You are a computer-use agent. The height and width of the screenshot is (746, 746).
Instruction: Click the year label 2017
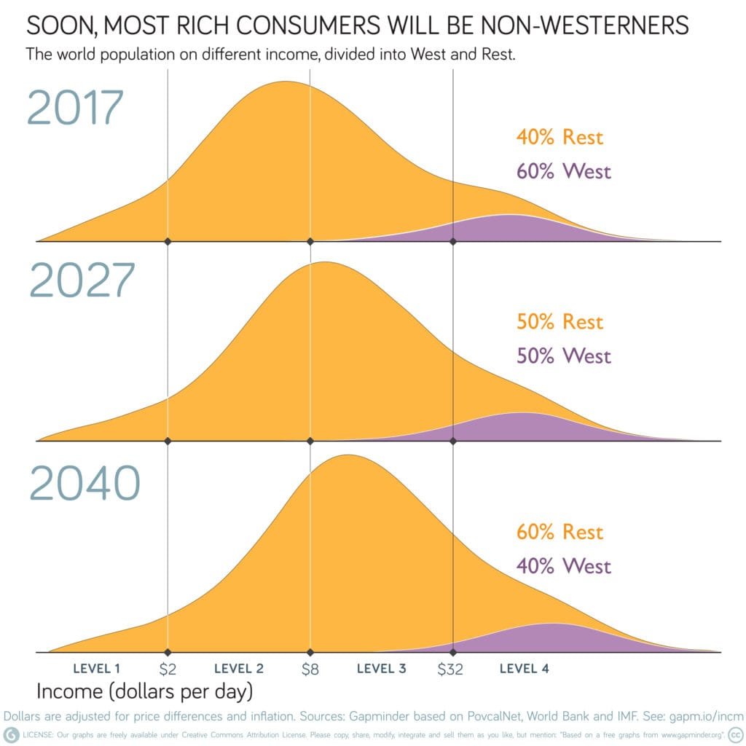pyautogui.click(x=76, y=107)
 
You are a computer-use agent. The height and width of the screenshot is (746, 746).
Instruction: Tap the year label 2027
pyautogui.click(x=82, y=281)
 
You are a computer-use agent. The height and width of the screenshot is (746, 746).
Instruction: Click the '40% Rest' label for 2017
pyautogui.click(x=559, y=136)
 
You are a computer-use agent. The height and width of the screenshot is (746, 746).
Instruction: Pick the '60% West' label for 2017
pyautogui.click(x=564, y=171)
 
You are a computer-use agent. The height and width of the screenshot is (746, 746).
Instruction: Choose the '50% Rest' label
pyautogui.click(x=559, y=321)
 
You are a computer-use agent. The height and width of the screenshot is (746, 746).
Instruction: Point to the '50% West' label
pyautogui.click(x=564, y=356)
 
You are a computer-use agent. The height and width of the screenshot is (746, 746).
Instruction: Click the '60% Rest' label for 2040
pyautogui.click(x=559, y=532)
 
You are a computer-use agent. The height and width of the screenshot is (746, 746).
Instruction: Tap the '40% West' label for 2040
pyautogui.click(x=564, y=566)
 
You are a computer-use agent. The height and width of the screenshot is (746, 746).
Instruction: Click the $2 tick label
pyautogui.click(x=168, y=669)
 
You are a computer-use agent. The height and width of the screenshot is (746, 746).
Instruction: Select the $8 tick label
pyautogui.click(x=310, y=669)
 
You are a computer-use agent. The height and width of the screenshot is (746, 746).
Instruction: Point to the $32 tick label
pyautogui.click(x=450, y=669)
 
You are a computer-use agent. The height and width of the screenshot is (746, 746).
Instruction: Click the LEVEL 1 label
pyautogui.click(x=97, y=668)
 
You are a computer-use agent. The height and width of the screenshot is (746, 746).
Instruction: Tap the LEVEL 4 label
pyautogui.click(x=525, y=668)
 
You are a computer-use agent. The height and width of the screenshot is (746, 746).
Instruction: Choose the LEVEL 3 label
pyautogui.click(x=381, y=668)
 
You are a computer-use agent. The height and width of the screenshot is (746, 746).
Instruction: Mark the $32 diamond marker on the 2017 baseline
pyautogui.click(x=453, y=241)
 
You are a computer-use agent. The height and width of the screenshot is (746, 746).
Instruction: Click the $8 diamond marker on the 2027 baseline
pyautogui.click(x=310, y=441)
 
